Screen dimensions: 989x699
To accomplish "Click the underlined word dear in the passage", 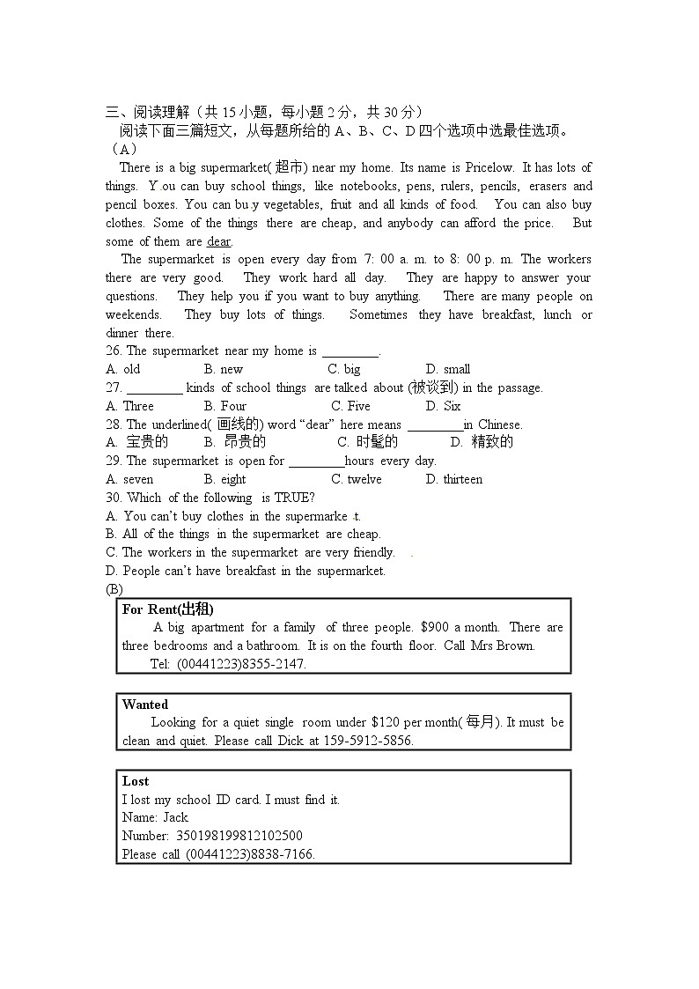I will point(219,241).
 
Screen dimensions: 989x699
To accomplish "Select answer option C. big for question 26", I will point(344,369).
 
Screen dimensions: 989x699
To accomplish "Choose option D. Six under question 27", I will point(443,406).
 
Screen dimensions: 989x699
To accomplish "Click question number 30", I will point(113,498).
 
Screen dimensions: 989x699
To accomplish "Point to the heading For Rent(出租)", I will point(168,609).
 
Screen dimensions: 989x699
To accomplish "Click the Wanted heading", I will point(145,705).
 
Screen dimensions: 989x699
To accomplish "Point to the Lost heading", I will point(136,781).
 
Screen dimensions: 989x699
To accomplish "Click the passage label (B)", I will point(114,589).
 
